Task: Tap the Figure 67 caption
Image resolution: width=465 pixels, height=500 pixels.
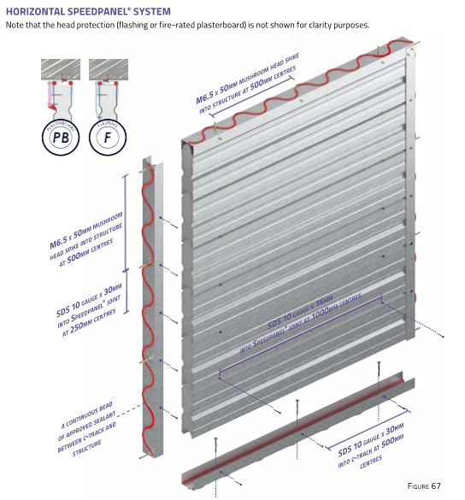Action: tap(423, 485)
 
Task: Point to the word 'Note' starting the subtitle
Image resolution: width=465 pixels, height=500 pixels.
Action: tap(16, 24)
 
